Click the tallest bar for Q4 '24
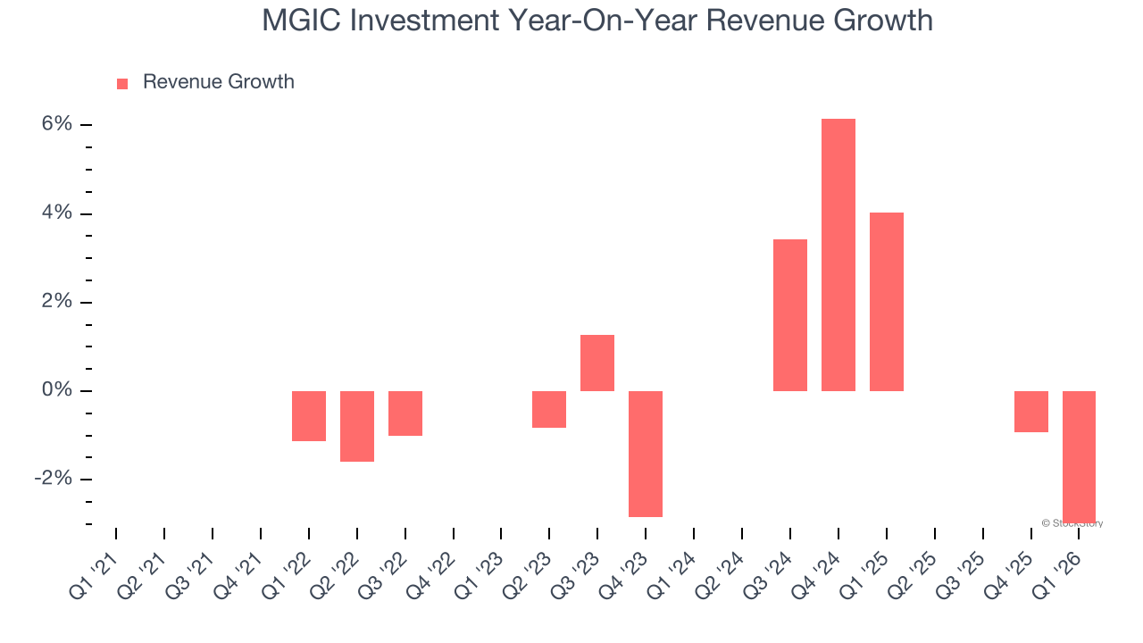(x=838, y=255)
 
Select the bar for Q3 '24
(x=789, y=315)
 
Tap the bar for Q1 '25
(x=886, y=302)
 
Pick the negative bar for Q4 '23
(x=646, y=454)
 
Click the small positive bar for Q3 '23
(x=597, y=363)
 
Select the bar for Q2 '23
(x=549, y=409)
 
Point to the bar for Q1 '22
(x=309, y=416)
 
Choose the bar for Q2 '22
(x=357, y=426)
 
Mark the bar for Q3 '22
(x=405, y=413)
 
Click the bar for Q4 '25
(x=1030, y=412)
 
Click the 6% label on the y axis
(x=56, y=124)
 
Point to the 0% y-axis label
(x=56, y=390)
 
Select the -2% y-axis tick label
(x=53, y=479)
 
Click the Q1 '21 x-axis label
(x=93, y=564)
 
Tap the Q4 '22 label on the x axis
(x=430, y=564)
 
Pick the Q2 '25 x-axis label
(x=912, y=564)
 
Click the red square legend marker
(x=122, y=83)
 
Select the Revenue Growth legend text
(x=218, y=82)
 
